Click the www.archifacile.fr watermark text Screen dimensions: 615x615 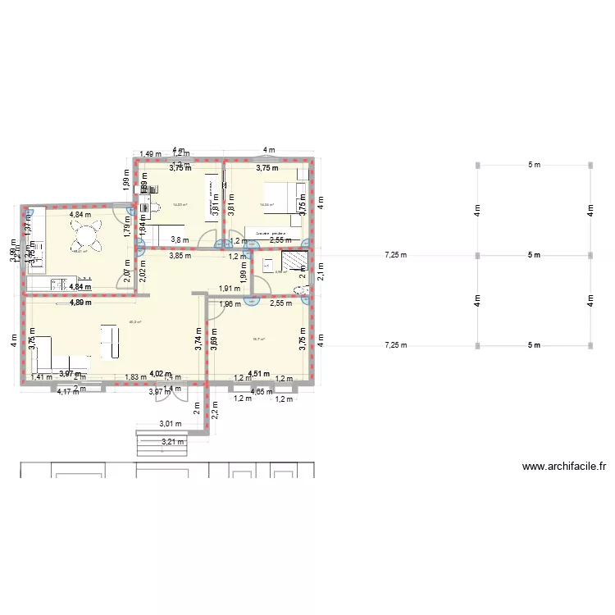click(564, 467)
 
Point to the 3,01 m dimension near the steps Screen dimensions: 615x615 click(170, 424)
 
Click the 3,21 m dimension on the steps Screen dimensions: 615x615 click(172, 442)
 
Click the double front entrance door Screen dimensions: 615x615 click(173, 393)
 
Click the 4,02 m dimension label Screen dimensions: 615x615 click(161, 374)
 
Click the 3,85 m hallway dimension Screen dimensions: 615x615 click(180, 255)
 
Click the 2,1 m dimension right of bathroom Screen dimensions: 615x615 click(321, 276)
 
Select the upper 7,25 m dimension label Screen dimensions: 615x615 click(395, 255)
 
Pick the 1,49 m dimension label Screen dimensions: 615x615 click(148, 153)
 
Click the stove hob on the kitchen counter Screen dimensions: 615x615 click(58, 285)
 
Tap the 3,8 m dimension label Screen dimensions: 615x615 click(179, 239)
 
